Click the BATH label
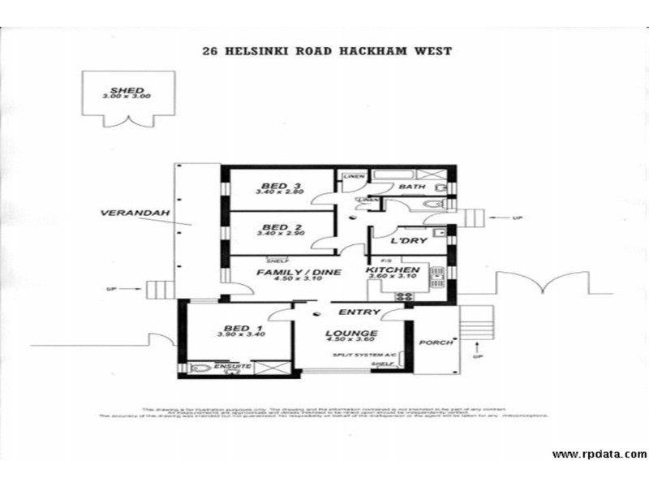pyautogui.click(x=412, y=187)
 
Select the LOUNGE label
pyautogui.click(x=352, y=333)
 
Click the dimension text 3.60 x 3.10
pyautogui.click(x=391, y=278)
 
